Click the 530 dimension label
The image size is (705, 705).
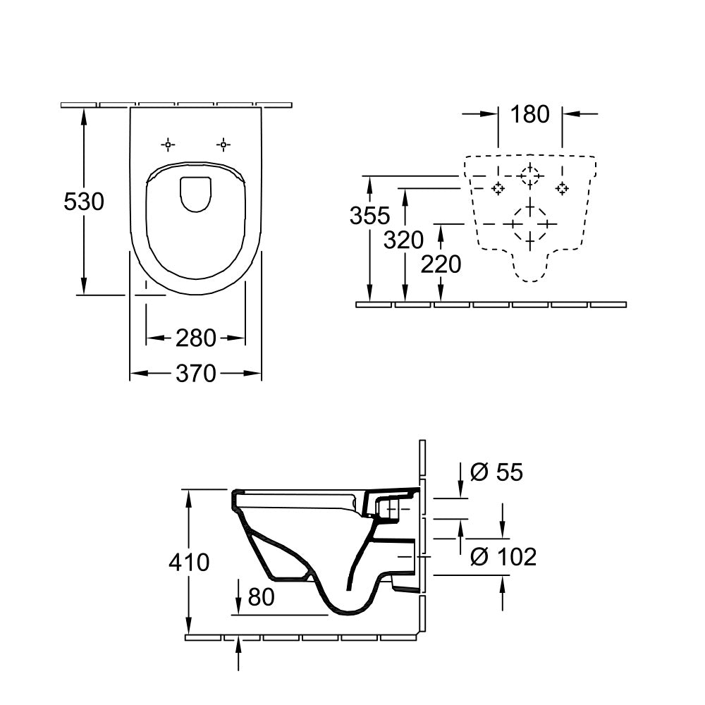84,202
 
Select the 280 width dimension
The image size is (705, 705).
195,338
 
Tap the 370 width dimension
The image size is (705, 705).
195,373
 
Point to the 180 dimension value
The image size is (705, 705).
529,114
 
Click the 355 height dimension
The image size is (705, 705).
369,215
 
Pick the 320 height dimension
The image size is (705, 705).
403,240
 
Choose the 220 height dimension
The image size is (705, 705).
441,264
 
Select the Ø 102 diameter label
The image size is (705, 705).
503,557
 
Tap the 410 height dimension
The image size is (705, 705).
189,562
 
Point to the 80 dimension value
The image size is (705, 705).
260,597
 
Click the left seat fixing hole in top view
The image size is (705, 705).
168,145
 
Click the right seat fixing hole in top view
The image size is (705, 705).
223,145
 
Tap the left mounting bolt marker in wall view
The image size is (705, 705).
498,188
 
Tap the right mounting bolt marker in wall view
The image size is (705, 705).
562,188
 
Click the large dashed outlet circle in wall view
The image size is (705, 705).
530,223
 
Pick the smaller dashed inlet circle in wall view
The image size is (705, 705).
530,175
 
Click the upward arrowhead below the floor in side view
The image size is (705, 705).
239,642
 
